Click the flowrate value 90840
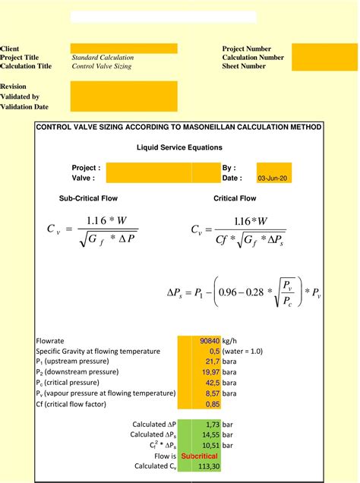(210, 341)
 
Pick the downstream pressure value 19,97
(210, 373)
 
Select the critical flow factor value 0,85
(212, 405)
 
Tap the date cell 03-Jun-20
(273, 178)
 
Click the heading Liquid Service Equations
(179, 147)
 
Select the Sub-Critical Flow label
(88, 198)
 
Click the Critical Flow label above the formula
(235, 198)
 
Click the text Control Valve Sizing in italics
(102, 66)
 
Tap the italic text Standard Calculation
(103, 57)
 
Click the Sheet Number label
(244, 66)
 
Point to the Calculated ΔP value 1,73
(212, 425)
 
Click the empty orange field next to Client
(124, 49)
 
